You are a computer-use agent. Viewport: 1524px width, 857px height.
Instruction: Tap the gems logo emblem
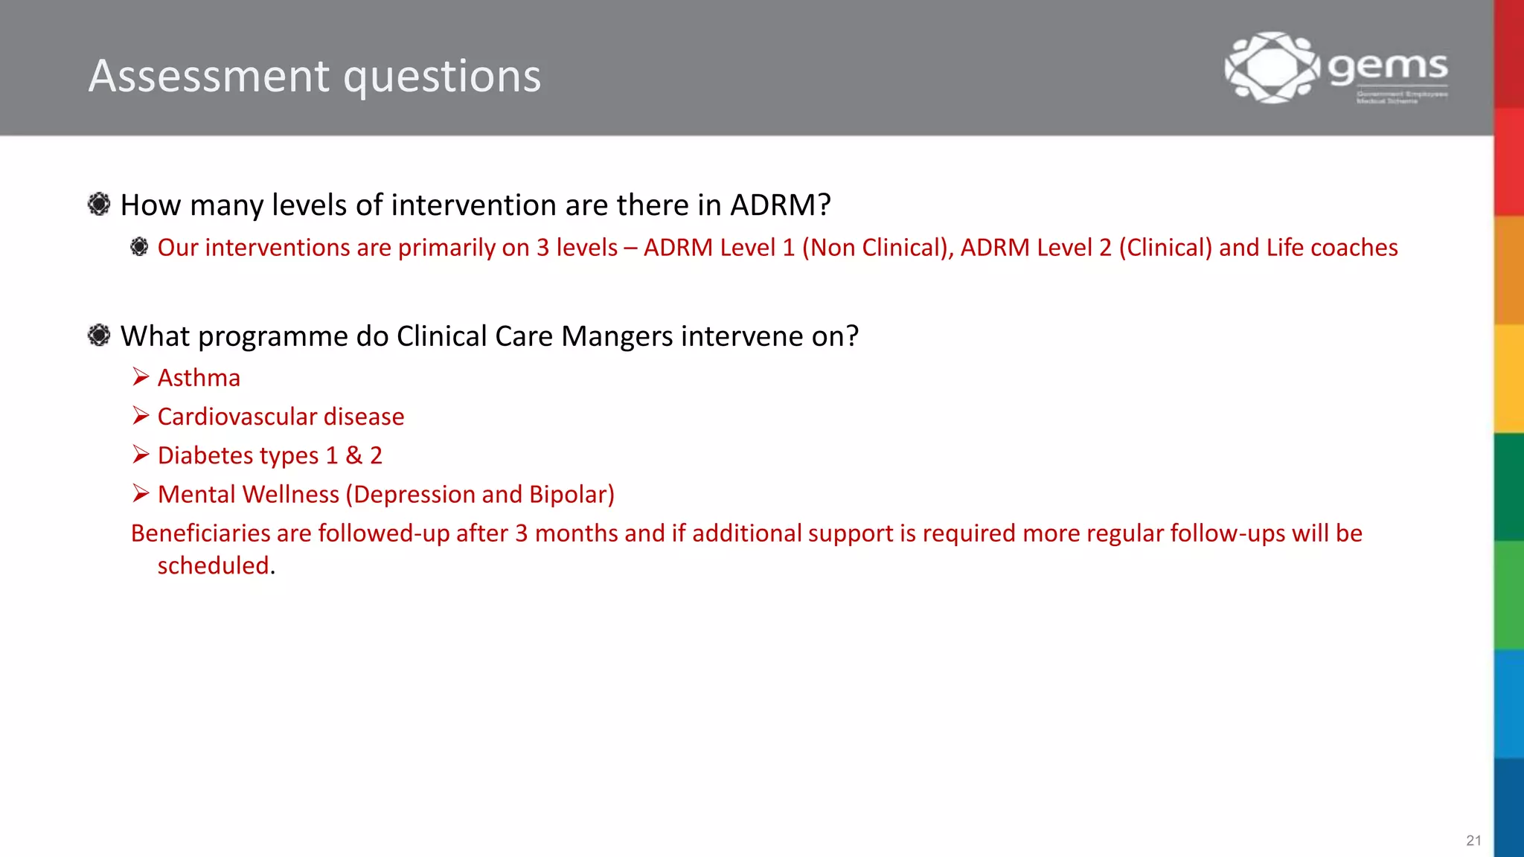[x=1272, y=67]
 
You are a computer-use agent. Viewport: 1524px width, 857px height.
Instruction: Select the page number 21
[x=1473, y=841]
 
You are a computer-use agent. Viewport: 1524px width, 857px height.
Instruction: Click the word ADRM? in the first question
[x=780, y=205]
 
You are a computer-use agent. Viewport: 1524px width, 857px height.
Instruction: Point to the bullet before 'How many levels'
[x=99, y=204]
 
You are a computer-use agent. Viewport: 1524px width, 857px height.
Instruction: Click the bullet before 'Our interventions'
[x=139, y=247]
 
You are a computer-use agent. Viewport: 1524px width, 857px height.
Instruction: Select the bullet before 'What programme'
[x=99, y=336]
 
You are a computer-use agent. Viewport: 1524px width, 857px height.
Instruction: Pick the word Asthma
[x=199, y=378]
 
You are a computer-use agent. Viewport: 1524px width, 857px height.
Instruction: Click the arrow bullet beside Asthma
[x=141, y=377]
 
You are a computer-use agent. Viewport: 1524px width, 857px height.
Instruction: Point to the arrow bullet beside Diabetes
[x=141, y=455]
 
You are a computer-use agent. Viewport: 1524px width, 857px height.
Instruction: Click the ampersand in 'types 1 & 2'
[x=353, y=455]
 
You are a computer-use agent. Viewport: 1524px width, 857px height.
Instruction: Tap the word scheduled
[x=213, y=566]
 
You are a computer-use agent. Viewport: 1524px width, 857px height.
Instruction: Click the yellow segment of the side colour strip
[x=1509, y=378]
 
